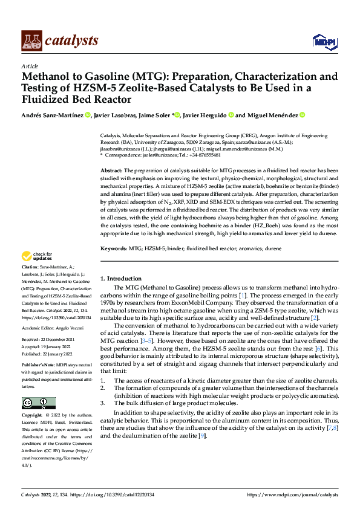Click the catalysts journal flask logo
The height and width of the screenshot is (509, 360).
30,40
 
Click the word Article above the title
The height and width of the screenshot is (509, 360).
30,66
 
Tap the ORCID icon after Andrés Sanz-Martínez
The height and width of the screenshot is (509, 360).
88,115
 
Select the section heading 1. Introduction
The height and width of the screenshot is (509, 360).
120,279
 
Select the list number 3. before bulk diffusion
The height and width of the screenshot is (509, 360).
103,401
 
